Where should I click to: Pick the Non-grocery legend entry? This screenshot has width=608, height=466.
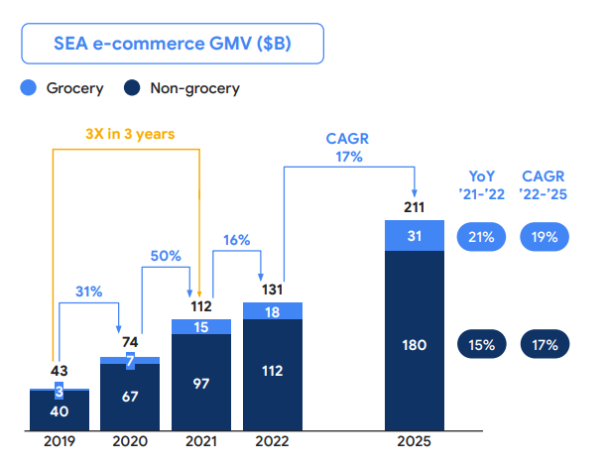point(183,88)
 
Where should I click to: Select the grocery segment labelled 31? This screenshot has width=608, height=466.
point(414,236)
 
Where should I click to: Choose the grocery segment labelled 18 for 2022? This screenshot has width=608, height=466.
point(272,311)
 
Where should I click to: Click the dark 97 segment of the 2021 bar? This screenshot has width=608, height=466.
point(201,383)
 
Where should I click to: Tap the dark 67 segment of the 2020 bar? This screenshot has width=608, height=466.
point(130,398)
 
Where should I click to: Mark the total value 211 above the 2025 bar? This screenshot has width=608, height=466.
point(414,207)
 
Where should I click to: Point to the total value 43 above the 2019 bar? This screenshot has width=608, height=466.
point(60,371)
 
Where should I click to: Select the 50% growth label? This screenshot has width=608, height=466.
point(165,256)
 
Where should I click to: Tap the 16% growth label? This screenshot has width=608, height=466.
point(235,240)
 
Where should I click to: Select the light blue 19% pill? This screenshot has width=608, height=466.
point(545,237)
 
